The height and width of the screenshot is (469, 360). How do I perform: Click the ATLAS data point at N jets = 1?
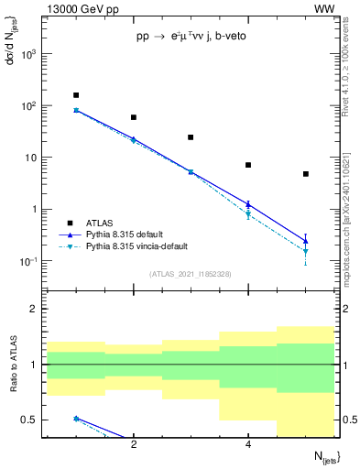tap(76, 95)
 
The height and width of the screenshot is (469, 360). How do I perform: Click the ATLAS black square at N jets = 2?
tap(134, 117)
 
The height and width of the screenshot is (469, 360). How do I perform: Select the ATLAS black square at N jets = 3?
tap(191, 137)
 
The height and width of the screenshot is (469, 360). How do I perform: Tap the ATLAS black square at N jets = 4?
tap(248, 165)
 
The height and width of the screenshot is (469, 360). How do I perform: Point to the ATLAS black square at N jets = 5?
tap(306, 174)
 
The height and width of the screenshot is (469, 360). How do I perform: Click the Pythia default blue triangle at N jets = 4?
tap(248, 204)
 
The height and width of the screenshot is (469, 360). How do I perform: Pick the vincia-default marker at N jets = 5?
tap(306, 251)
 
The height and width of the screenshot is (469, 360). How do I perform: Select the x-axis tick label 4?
tap(248, 444)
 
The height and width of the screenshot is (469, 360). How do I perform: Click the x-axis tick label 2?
tap(134, 444)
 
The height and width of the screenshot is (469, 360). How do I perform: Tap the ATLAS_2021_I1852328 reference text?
tap(191, 274)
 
